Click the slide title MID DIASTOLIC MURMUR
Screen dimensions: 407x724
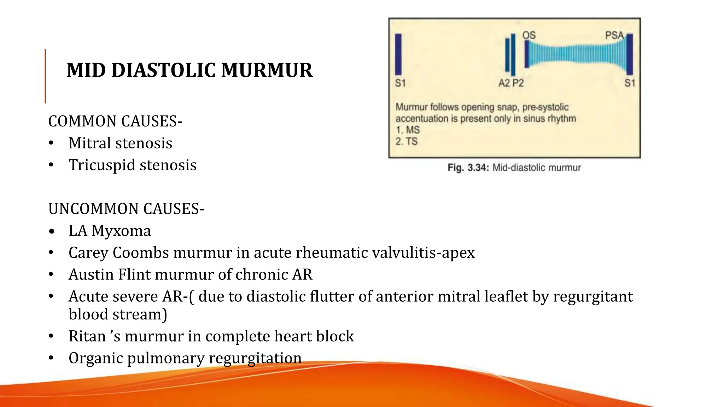(x=189, y=70)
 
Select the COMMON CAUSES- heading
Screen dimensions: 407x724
(x=115, y=121)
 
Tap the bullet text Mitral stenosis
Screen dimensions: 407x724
(x=120, y=143)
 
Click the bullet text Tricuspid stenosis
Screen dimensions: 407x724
(x=132, y=165)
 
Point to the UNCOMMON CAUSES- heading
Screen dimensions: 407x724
(x=126, y=209)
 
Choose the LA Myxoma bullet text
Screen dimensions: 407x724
(x=110, y=231)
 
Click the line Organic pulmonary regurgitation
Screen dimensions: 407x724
(x=185, y=358)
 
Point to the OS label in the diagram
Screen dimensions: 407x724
(x=529, y=35)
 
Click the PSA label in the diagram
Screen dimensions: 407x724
(x=614, y=35)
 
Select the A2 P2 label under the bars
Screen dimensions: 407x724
(x=511, y=83)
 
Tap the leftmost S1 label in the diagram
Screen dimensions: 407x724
(x=400, y=83)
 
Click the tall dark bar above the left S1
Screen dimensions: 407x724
(x=398, y=54)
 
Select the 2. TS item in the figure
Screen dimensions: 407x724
(x=407, y=141)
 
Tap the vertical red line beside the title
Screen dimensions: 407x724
(x=45, y=76)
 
